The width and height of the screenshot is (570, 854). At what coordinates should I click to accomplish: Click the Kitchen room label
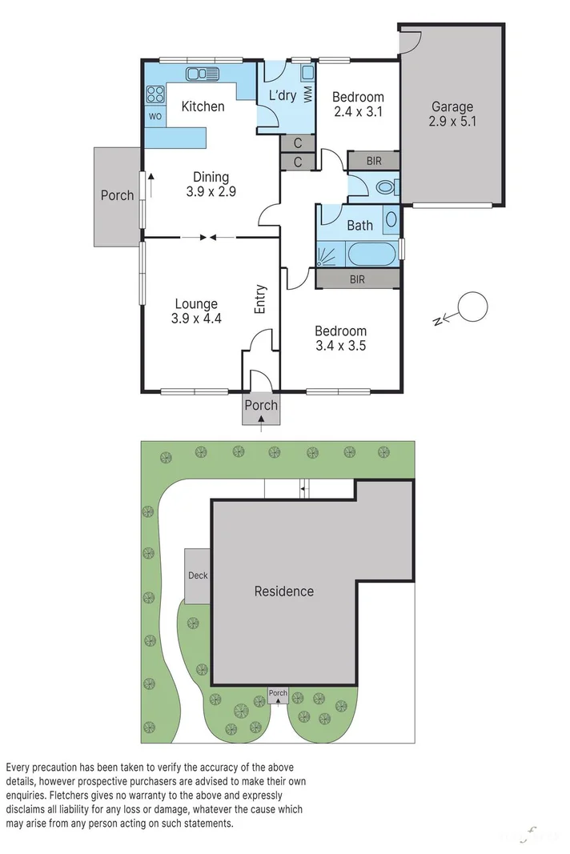point(203,106)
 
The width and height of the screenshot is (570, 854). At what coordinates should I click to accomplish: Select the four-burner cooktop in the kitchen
point(155,94)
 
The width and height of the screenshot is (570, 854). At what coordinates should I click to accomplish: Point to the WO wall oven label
point(155,117)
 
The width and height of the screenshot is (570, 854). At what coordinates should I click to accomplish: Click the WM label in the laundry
point(307,94)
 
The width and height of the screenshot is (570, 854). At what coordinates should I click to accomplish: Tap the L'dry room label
point(282,96)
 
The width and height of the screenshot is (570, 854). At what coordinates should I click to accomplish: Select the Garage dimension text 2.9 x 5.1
point(452,122)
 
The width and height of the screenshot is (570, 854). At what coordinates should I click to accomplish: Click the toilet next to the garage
point(385,189)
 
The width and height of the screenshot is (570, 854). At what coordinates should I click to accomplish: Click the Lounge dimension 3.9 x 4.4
point(196,319)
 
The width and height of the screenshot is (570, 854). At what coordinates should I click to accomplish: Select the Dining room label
point(211,177)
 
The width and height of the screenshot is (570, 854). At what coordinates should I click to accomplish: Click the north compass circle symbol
point(472,307)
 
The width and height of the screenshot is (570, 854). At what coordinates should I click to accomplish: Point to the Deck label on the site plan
point(197,575)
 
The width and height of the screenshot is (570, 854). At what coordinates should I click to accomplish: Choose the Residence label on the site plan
point(283,591)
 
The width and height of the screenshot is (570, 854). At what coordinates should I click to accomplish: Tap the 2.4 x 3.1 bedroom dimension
point(357,112)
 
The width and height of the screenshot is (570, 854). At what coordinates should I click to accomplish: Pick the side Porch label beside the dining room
point(117,195)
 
